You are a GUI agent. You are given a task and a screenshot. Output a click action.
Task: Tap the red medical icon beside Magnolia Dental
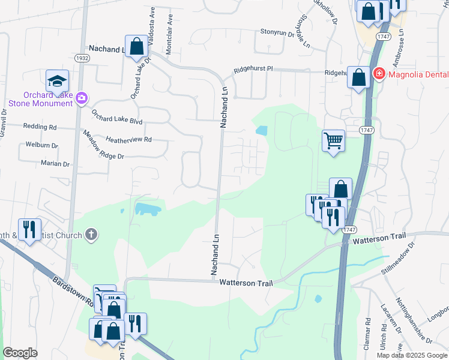coord(379,74)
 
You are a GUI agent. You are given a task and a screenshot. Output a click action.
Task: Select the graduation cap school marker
coord(57,81)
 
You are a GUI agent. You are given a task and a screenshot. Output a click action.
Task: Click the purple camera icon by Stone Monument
coord(82,98)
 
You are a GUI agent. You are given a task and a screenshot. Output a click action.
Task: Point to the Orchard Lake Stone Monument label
coord(41,99)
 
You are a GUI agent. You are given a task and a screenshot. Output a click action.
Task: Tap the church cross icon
coord(91,234)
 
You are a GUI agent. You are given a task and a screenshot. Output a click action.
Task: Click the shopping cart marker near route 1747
coord(333,142)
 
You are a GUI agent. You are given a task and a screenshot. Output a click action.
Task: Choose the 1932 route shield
coord(83,58)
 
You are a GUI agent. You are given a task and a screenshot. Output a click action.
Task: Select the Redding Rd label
coord(40,127)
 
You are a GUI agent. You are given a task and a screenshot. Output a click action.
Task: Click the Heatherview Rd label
coord(128,139)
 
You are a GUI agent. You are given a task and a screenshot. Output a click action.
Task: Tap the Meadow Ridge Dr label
coord(103,145)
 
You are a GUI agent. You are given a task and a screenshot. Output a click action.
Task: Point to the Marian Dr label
coord(55,164)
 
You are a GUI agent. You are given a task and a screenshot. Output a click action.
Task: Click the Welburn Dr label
coord(41,145)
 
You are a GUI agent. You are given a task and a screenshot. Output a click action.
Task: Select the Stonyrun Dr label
coord(277,32)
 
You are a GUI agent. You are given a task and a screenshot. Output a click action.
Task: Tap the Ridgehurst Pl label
coord(253,70)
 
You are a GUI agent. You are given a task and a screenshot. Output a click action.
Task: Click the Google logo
coord(20,353)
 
